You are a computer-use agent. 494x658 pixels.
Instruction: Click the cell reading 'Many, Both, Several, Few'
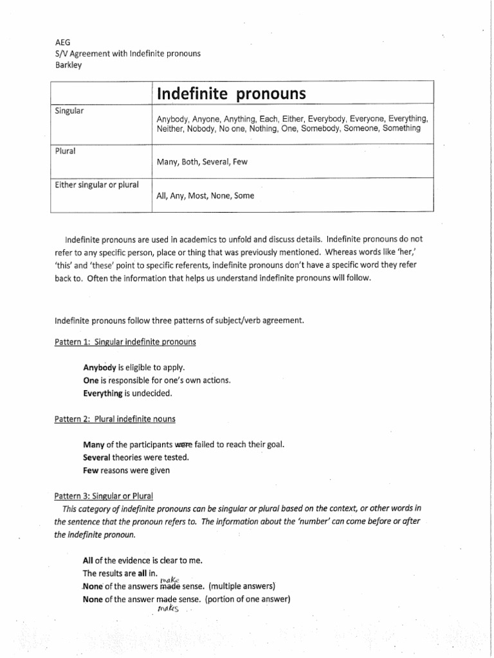[202, 162]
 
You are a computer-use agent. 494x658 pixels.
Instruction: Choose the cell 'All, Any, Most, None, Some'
[205, 196]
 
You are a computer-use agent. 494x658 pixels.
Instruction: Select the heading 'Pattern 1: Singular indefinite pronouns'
[125, 342]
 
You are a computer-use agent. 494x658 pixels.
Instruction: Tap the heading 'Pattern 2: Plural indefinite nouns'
[115, 418]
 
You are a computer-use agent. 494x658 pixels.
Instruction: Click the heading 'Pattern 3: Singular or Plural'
[104, 495]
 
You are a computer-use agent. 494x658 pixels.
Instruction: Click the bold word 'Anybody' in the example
[100, 368]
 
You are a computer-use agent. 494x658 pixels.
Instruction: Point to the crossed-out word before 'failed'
[184, 445]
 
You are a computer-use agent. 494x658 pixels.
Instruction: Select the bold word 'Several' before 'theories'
[98, 457]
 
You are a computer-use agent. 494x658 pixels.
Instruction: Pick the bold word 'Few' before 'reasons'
[91, 470]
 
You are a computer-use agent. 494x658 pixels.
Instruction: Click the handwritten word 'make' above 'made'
[167, 578]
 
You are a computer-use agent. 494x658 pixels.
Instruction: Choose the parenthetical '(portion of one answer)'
[248, 599]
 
